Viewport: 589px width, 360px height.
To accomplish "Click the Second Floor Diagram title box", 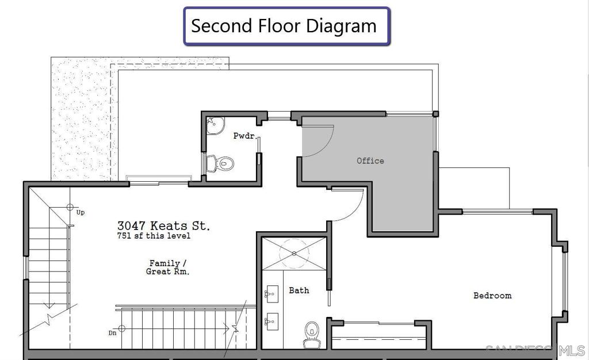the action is coord(287,26).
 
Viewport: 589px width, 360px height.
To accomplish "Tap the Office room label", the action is coord(370,160).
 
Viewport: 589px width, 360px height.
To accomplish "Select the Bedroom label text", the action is coord(492,296).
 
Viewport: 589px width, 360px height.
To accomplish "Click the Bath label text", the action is coord(299,290).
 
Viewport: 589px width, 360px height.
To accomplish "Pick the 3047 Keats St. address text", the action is coord(163,225).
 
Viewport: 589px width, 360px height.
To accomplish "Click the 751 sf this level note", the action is coord(154,236).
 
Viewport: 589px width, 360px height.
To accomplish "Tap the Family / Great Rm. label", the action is coord(167,267).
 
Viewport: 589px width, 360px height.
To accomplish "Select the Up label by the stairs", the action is coord(81,212).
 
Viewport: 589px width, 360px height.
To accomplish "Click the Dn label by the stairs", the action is coord(112,333).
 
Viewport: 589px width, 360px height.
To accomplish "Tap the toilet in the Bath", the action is coord(312,335).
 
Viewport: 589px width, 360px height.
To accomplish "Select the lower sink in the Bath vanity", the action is coord(271,321).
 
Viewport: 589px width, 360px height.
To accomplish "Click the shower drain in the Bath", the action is coord(294,254).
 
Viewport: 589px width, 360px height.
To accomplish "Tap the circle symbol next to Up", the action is coord(70,207).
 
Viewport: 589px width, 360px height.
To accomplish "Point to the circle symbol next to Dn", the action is coord(121,328).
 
